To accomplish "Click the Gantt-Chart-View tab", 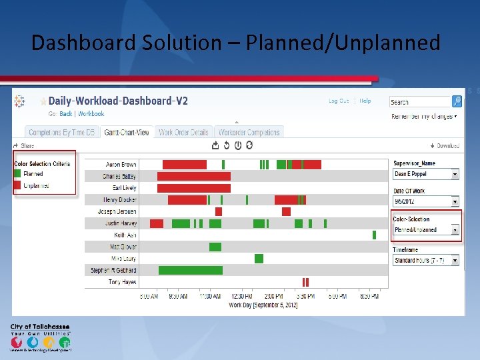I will (x=127, y=132).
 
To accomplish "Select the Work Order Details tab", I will (x=184, y=132).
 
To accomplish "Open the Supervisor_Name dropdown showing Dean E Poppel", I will (x=426, y=174).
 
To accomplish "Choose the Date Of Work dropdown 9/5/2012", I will (x=426, y=201).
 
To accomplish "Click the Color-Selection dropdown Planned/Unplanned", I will (x=426, y=230).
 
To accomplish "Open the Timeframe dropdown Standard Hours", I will (x=426, y=261).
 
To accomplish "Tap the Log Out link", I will (x=339, y=101).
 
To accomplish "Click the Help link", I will (x=365, y=101).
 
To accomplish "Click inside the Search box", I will (x=420, y=102).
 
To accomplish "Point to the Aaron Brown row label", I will (x=121, y=164).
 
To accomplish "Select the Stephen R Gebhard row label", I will (x=114, y=270).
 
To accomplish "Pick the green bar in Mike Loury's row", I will (x=259, y=259).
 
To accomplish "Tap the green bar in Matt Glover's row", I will (x=215, y=247).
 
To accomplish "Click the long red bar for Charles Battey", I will (x=194, y=177).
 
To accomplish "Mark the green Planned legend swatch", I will (x=17, y=174).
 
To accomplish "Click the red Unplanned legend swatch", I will (x=17, y=185).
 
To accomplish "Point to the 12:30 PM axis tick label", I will (x=241, y=296).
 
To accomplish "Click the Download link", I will (x=446, y=145).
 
